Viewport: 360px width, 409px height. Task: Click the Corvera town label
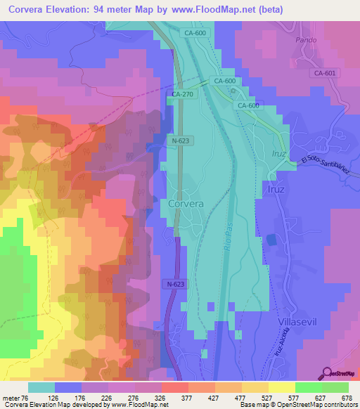coord(186,203)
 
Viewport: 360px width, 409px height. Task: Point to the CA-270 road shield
coord(182,93)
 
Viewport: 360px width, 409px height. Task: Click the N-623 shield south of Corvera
coord(178,284)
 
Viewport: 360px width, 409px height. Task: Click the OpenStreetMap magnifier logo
coord(326,374)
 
